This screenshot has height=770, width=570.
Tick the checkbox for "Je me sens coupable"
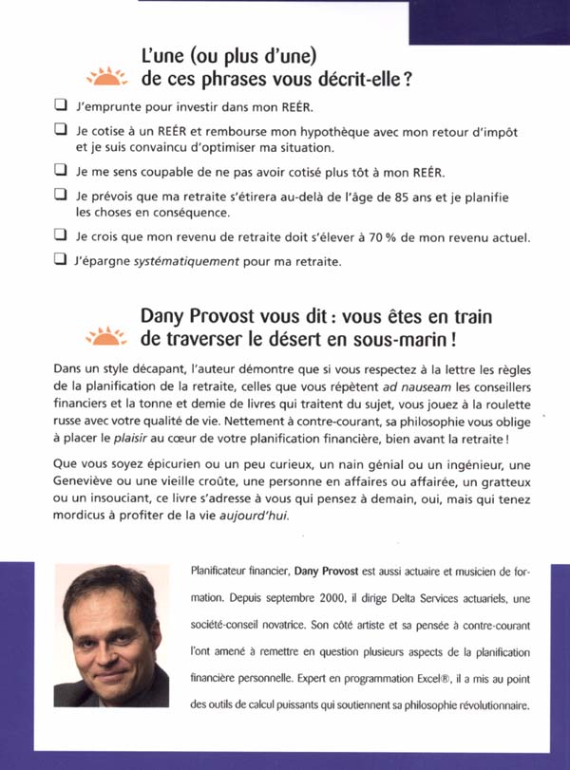click(x=60, y=172)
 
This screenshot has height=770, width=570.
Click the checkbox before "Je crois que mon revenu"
click(x=60, y=235)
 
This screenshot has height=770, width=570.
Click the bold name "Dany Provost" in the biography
click(x=332, y=573)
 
